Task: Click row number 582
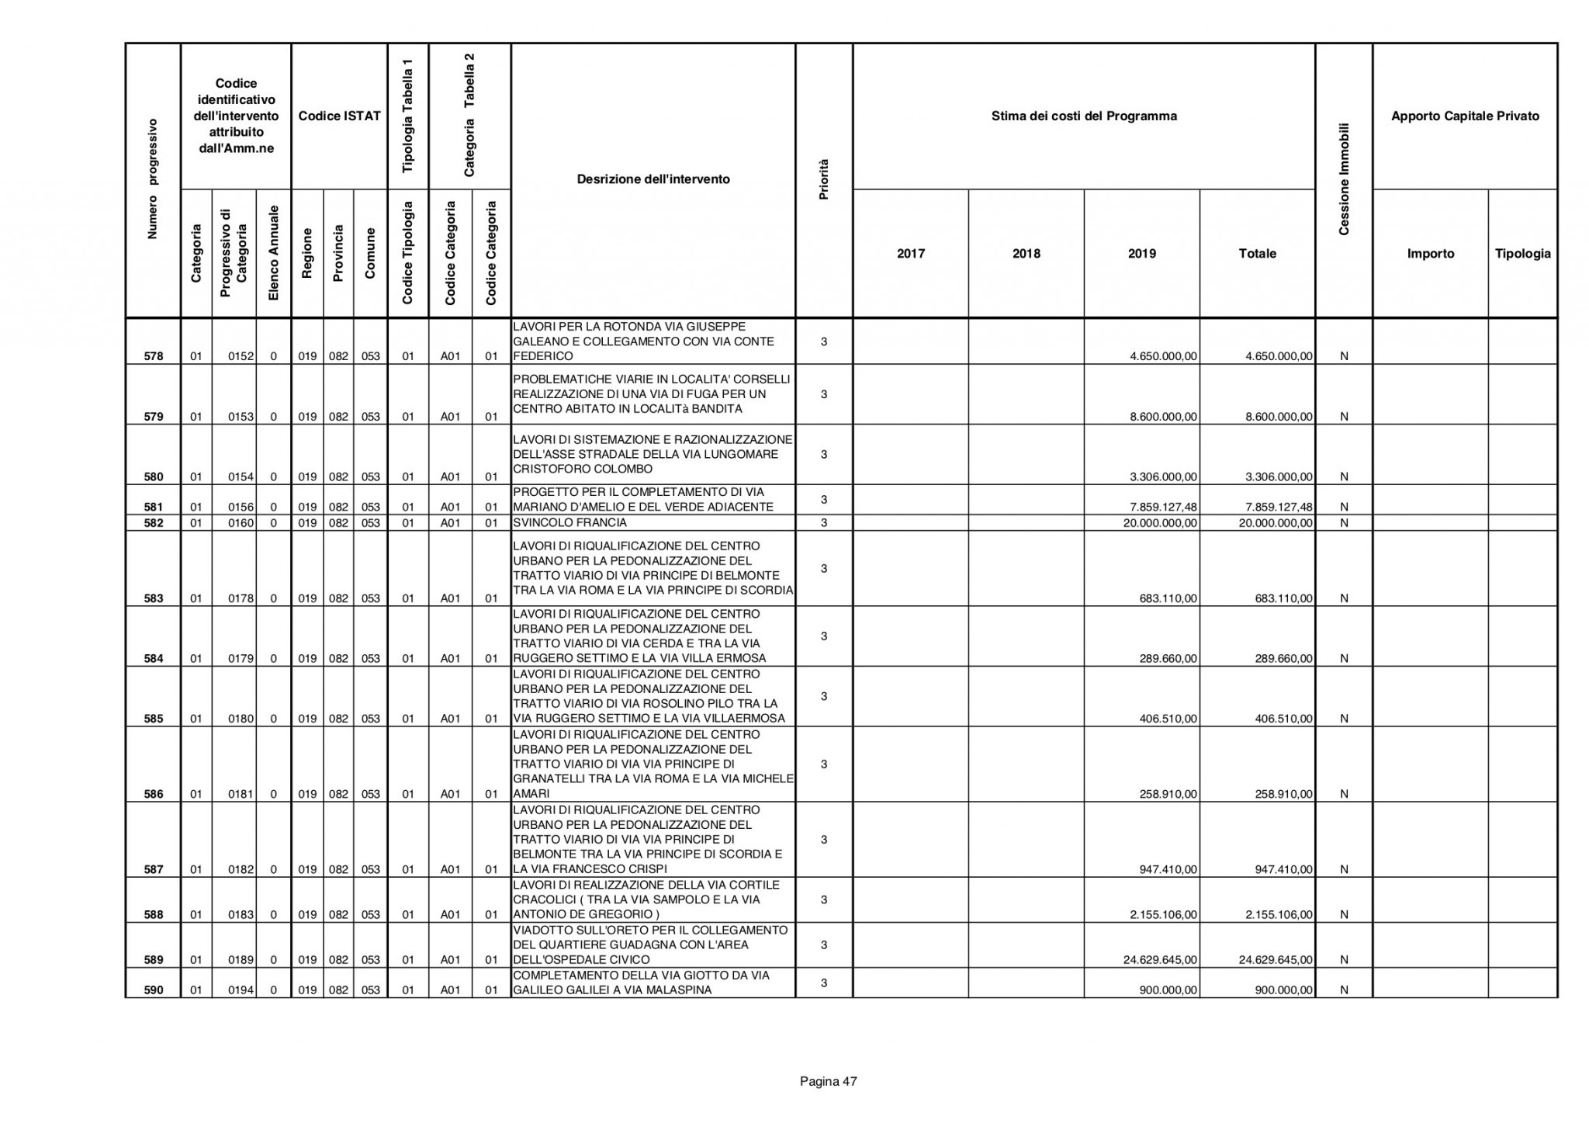[154, 523]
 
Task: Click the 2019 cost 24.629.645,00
[1160, 960]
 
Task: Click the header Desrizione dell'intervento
[653, 179]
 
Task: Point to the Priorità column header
[824, 179]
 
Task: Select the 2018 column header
[1026, 254]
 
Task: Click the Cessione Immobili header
[1344, 179]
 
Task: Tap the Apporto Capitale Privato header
[1465, 116]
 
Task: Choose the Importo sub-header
[1430, 254]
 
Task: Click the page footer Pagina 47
[828, 1081]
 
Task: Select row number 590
[154, 990]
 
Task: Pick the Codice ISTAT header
[339, 116]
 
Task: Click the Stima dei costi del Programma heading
[1084, 116]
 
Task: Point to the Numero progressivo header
[154, 179]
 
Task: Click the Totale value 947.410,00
[1283, 870]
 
